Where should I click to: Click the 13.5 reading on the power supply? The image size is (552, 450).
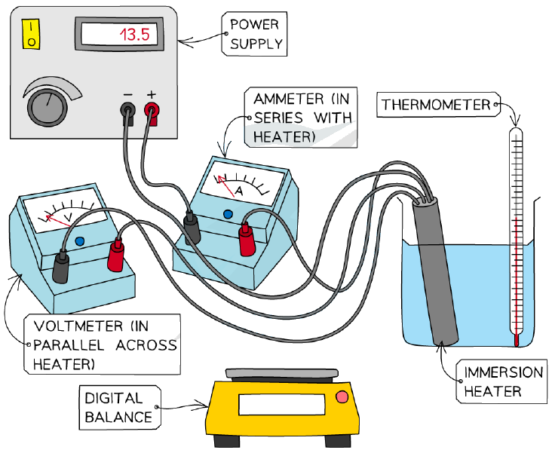(x=135, y=35)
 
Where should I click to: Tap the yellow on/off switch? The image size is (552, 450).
(x=31, y=34)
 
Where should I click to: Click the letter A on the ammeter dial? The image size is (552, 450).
(x=239, y=191)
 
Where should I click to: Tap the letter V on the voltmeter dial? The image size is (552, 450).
(x=70, y=218)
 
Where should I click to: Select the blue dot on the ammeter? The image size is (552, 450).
(x=228, y=214)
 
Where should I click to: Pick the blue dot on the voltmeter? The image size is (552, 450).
(x=80, y=241)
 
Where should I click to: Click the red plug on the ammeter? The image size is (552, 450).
(x=247, y=240)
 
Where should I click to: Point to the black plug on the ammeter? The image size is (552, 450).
(x=192, y=228)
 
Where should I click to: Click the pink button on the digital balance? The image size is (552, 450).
(x=342, y=397)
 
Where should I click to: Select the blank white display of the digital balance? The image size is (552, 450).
(x=281, y=405)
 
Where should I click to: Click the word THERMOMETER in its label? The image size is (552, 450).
(x=436, y=105)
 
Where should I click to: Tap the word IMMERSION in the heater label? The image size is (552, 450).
(x=504, y=372)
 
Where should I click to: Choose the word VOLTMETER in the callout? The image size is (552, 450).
(x=78, y=326)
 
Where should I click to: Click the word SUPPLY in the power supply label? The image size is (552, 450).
(x=256, y=44)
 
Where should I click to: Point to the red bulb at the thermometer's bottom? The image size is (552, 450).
(x=517, y=340)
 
